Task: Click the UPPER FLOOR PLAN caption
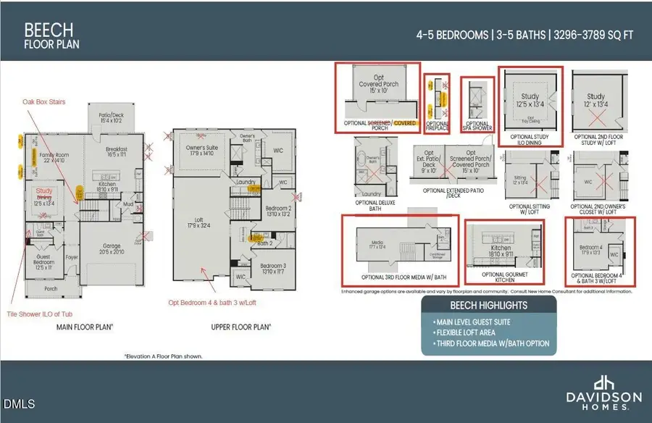(x=241, y=327)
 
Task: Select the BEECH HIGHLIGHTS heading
(x=488, y=306)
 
